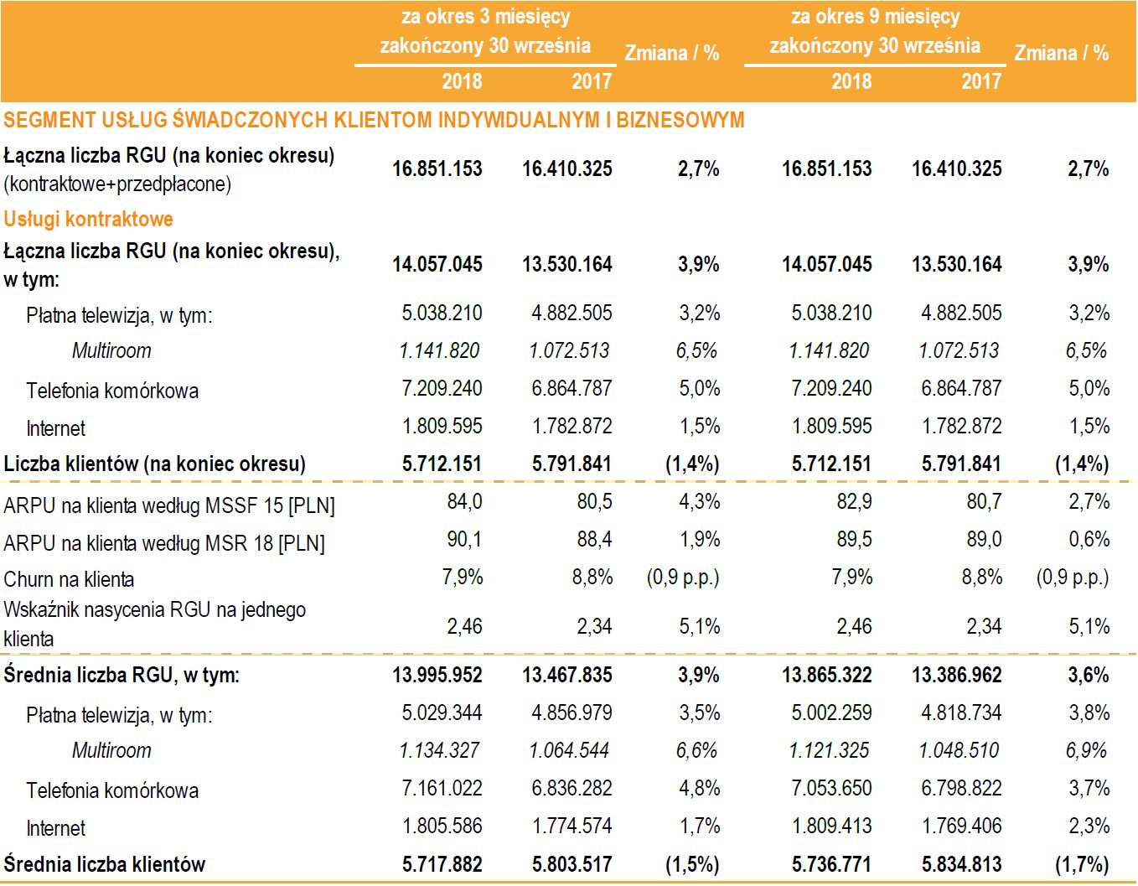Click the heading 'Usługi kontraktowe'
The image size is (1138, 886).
tap(88, 219)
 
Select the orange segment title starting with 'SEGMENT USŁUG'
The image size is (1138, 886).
tap(374, 120)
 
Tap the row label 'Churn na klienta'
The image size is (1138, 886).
tap(69, 579)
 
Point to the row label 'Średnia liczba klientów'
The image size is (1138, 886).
tap(105, 864)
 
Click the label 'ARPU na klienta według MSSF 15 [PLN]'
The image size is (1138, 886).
tap(169, 505)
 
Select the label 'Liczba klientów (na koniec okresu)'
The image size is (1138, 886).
tap(155, 464)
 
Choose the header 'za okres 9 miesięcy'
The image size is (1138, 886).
tap(875, 17)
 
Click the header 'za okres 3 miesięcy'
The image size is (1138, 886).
tap(485, 17)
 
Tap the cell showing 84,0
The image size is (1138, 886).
tap(464, 501)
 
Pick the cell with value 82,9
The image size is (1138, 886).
tap(854, 501)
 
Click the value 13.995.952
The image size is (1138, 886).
tap(437, 675)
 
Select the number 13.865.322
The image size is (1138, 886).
tap(827, 675)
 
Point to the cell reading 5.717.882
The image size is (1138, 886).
tap(442, 864)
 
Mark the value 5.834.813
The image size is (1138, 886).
tap(961, 864)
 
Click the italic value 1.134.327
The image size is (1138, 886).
tap(440, 750)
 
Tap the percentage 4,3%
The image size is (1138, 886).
tap(700, 501)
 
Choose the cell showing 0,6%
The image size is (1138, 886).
tap(1089, 539)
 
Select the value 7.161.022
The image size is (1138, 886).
tap(442, 788)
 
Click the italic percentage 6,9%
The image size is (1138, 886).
tap(1087, 750)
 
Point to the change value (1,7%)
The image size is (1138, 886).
tap(1082, 864)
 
